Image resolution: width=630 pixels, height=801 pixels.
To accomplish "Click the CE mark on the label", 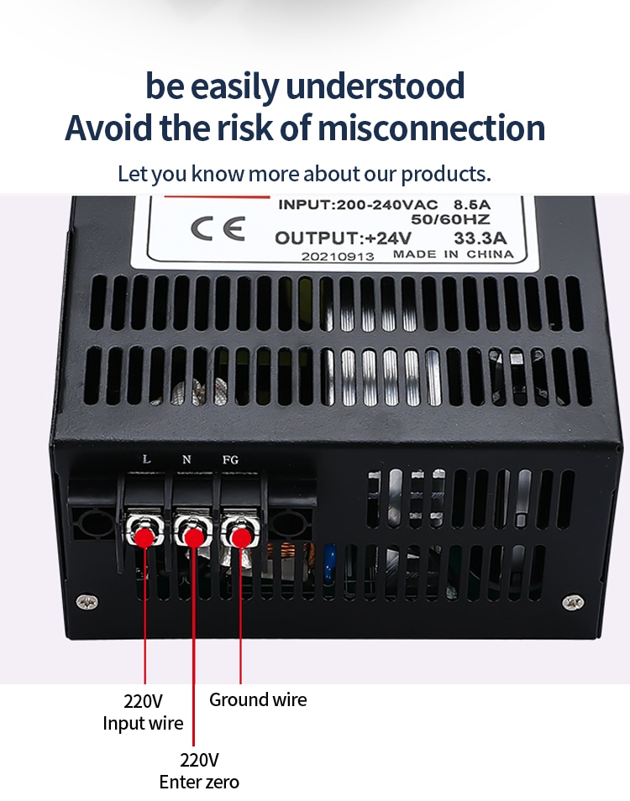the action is pos(218,228).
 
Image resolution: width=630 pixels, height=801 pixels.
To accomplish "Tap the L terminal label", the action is pos(147,459).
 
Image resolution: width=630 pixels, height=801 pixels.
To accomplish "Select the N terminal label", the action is pos(186,459).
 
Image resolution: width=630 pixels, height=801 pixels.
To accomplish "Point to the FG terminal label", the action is pos(230,460).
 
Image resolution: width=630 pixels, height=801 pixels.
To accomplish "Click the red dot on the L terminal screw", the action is pos(144,537).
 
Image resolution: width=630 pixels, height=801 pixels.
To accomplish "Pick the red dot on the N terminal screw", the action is pos(194,537).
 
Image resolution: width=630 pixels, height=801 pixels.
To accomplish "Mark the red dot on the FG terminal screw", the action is pos(240,537).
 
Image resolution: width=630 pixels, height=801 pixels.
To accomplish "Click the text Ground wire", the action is pos(258,700).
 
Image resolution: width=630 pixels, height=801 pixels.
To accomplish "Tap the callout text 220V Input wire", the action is pos(143,712).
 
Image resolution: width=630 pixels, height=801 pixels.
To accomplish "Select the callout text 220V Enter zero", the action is pos(199,771).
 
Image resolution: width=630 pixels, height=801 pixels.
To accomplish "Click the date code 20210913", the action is pos(337,256).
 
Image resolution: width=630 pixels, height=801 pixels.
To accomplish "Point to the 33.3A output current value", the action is pos(480,238).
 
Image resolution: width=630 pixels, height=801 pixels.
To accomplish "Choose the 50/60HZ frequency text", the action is pos(450,220).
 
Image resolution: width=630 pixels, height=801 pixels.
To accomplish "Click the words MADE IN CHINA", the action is pos(454,254).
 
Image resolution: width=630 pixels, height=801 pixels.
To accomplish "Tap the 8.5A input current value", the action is pos(472,204).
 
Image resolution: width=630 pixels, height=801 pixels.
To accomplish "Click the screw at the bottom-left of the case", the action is pos(87,602).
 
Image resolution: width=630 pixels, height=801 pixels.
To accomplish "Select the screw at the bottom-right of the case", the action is pos(573,602).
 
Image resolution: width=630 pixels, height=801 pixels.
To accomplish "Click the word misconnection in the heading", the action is pos(431,128).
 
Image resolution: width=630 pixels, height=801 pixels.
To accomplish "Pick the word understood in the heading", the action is pos(375,86).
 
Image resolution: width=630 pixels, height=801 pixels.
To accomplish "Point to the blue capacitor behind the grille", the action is pos(329,563).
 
